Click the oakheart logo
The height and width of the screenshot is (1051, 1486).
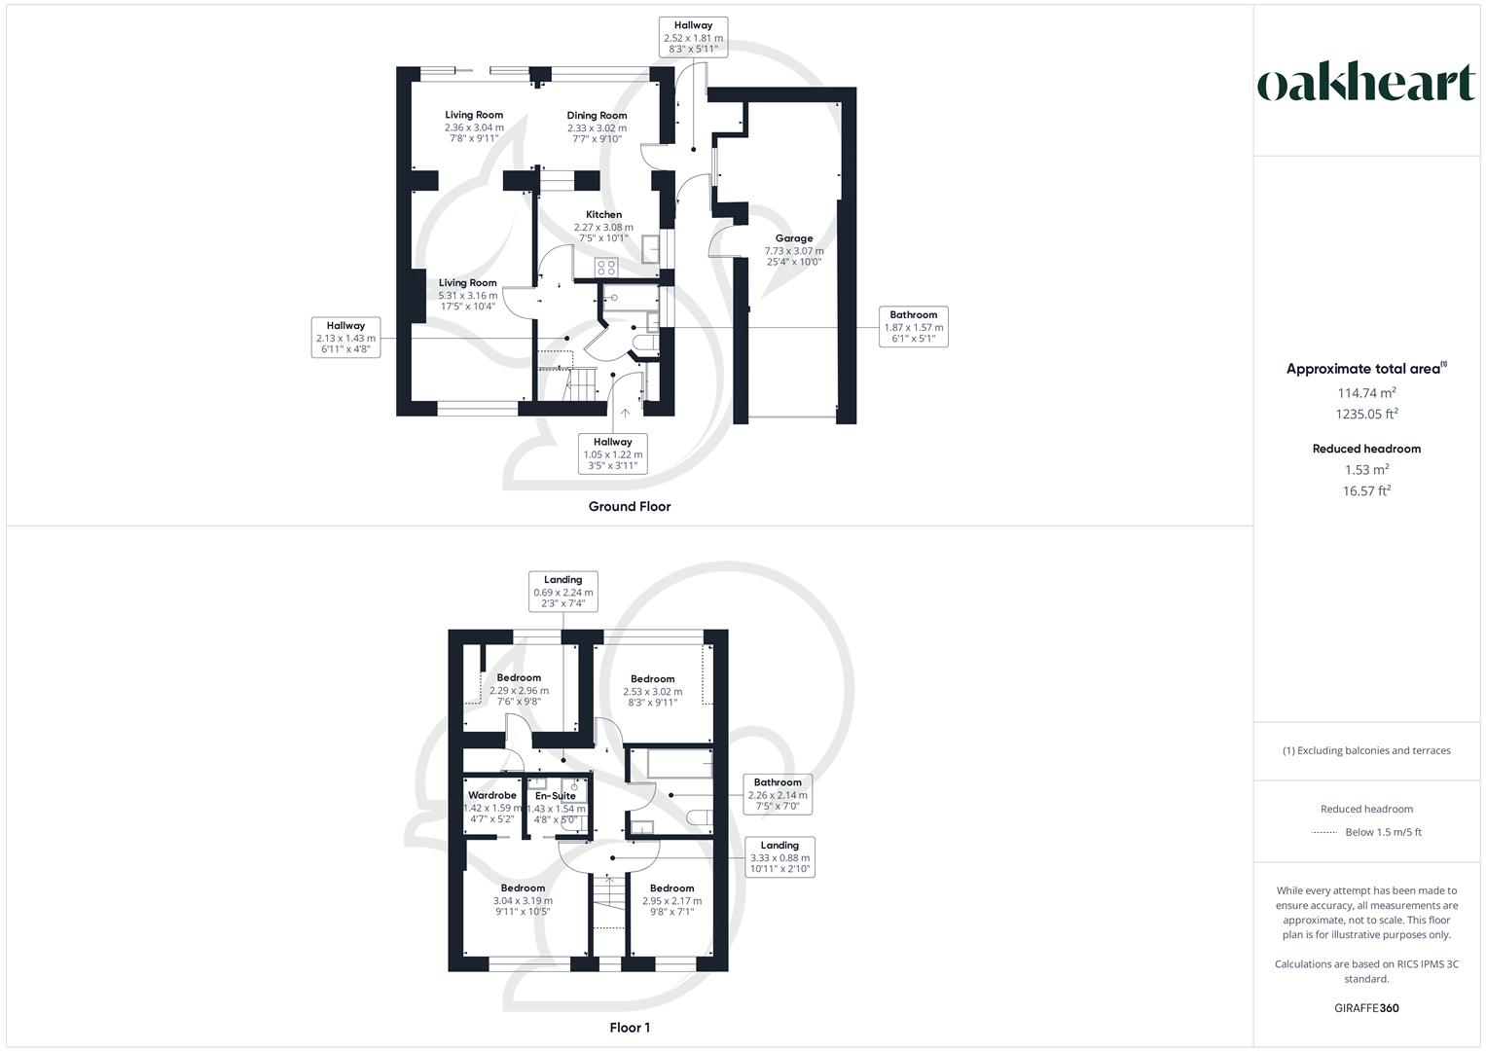pyautogui.click(x=1366, y=84)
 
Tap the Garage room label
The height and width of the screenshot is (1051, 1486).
pyautogui.click(x=793, y=238)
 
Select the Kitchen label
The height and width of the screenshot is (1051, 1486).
pyautogui.click(x=603, y=215)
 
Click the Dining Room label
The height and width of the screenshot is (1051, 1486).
pyautogui.click(x=597, y=116)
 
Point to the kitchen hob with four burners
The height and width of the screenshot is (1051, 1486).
pyautogui.click(x=606, y=268)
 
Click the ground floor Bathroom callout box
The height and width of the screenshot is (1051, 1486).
pyautogui.click(x=913, y=327)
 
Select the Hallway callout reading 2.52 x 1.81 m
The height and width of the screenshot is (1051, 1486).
pyautogui.click(x=693, y=38)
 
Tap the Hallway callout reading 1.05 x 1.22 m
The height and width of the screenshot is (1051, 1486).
pyautogui.click(x=612, y=453)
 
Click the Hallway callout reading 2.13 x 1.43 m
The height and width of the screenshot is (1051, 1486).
pyautogui.click(x=345, y=338)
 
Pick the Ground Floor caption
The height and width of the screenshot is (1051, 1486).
pyautogui.click(x=629, y=506)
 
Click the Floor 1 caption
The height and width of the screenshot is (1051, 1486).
pyautogui.click(x=629, y=1028)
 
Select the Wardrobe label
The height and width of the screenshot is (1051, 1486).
pyautogui.click(x=491, y=796)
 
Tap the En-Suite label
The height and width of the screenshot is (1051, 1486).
pyautogui.click(x=555, y=796)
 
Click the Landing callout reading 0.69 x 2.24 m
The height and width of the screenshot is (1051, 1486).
pyautogui.click(x=562, y=591)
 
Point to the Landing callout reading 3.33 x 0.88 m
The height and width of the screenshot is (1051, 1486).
pyautogui.click(x=779, y=857)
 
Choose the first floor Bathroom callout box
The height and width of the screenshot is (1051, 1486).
pyautogui.click(x=777, y=794)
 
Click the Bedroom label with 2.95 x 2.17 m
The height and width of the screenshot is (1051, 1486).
pyautogui.click(x=671, y=888)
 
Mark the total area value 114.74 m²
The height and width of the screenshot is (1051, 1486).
pyautogui.click(x=1366, y=393)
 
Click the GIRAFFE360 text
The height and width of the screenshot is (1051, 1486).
pyautogui.click(x=1366, y=1008)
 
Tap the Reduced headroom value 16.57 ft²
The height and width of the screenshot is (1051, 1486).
pyautogui.click(x=1366, y=491)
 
